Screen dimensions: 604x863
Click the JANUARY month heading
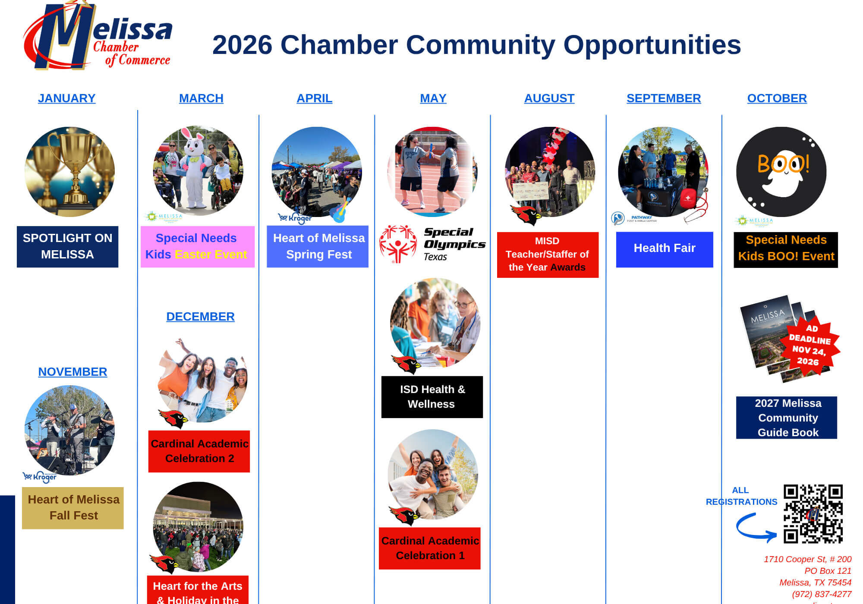(x=66, y=98)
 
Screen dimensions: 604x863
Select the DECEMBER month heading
(x=200, y=317)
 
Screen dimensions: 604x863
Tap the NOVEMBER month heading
(x=72, y=372)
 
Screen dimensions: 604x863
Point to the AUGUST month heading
(x=549, y=98)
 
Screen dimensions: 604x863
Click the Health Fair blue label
(x=664, y=249)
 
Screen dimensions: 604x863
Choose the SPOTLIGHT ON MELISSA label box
(x=67, y=246)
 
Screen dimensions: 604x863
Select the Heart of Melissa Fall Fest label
(x=73, y=508)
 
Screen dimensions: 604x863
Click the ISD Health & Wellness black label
(x=432, y=397)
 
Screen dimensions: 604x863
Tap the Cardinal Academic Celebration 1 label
(x=430, y=548)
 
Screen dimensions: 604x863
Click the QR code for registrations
(x=813, y=513)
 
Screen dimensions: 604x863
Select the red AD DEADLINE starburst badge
(x=809, y=345)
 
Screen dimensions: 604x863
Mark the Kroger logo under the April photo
(x=296, y=218)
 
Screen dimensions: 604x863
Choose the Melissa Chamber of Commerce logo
(x=98, y=36)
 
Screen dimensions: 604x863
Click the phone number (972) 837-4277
(x=821, y=594)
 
